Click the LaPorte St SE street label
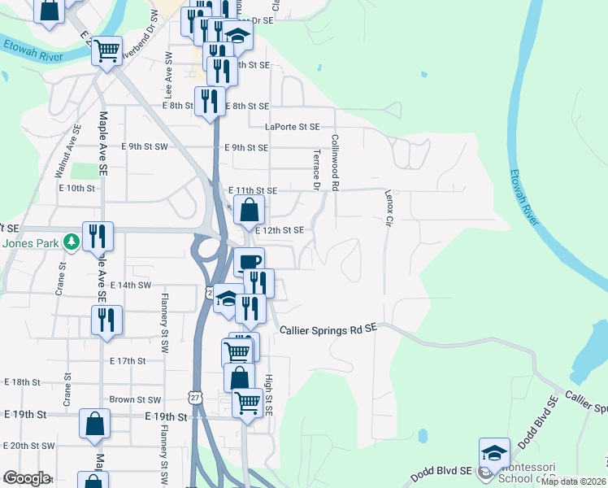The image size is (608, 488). pyautogui.click(x=293, y=126)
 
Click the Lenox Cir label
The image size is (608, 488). pyautogui.click(x=389, y=208)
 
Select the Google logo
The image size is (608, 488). pyautogui.click(x=27, y=478)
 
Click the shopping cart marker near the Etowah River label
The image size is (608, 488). pyautogui.click(x=107, y=50)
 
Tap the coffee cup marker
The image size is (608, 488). pyautogui.click(x=249, y=261)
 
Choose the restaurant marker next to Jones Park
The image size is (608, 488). pyautogui.click(x=98, y=236)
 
